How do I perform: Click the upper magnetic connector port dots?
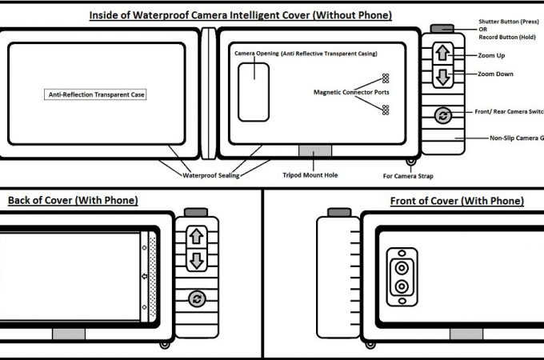(x=385, y=78)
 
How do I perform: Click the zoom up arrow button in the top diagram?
(x=443, y=54)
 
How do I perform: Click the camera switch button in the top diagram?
(x=443, y=116)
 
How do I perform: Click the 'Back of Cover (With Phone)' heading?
(x=73, y=200)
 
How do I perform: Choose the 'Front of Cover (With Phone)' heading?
(x=457, y=200)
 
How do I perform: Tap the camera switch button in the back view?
(x=196, y=299)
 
